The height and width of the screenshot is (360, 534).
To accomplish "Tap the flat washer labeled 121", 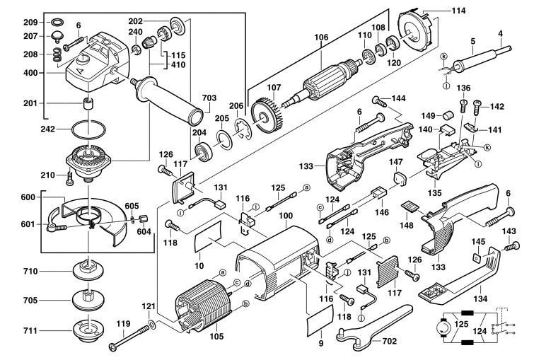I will click(153, 327).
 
